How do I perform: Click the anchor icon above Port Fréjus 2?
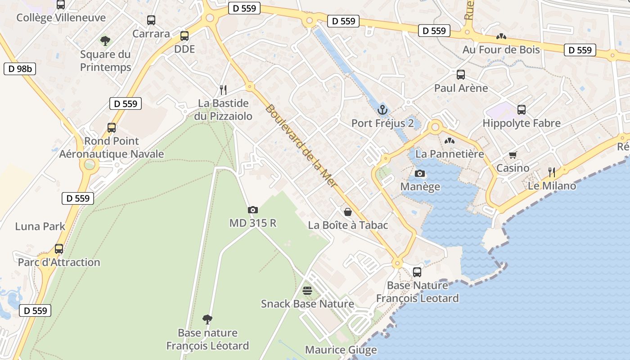click(382, 109)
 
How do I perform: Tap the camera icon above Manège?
click(419, 173)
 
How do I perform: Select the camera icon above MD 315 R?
click(253, 210)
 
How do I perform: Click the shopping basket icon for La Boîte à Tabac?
click(348, 211)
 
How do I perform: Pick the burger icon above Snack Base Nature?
click(307, 291)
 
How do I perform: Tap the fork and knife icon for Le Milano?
click(552, 172)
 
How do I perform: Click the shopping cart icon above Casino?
click(513, 155)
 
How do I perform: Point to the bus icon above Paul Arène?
click(461, 75)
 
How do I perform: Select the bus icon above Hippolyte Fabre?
click(522, 109)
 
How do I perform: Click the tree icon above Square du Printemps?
click(105, 41)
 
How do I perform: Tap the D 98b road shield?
click(19, 69)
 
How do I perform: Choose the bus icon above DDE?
click(184, 36)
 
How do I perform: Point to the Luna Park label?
click(40, 226)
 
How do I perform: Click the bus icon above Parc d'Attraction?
click(59, 248)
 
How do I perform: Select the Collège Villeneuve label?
click(61, 18)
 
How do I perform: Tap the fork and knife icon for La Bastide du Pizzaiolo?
click(222, 90)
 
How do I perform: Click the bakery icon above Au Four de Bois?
click(501, 36)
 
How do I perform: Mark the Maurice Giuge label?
click(341, 350)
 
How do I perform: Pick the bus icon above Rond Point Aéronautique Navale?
click(112, 128)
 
